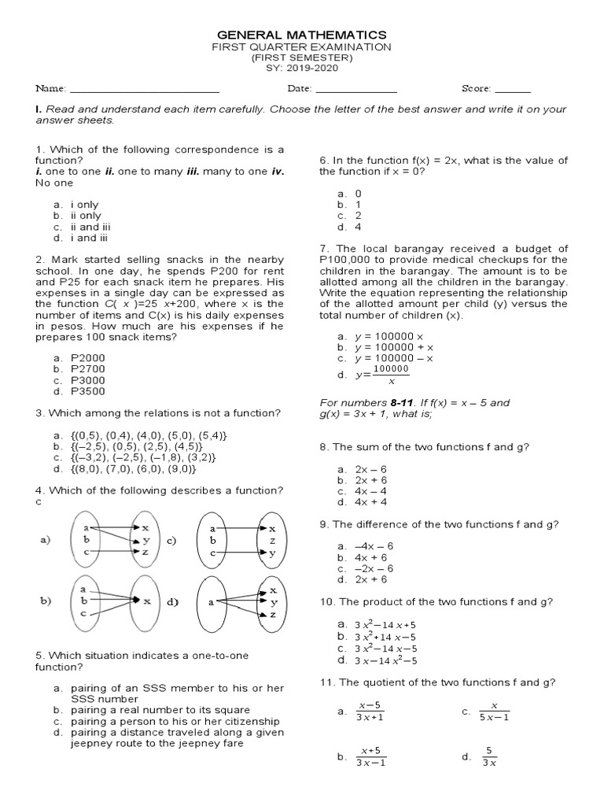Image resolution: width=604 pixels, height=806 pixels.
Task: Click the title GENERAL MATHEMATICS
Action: coord(301,35)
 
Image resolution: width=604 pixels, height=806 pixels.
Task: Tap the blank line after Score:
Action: coord(513,92)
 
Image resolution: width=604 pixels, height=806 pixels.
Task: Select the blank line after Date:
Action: coord(355,92)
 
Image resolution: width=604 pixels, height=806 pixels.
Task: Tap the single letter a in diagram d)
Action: coord(211,601)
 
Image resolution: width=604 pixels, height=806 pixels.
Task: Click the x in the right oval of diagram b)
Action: coord(147,600)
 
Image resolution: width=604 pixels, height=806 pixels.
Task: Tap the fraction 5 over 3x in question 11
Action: coord(488,756)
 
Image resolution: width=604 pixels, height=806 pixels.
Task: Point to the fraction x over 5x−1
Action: coord(495,712)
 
